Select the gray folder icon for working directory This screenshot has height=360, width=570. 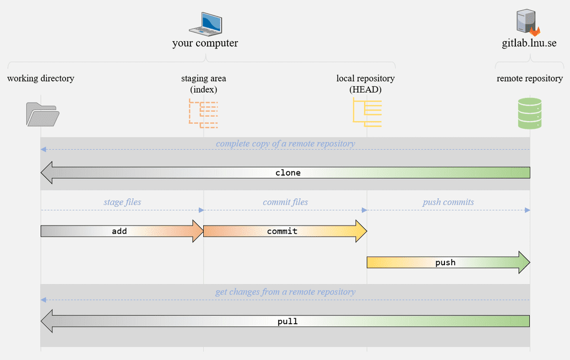point(42,114)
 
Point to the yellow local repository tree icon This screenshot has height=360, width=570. point(367,113)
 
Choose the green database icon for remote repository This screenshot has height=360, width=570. point(530,113)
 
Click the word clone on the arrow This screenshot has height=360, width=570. point(288,173)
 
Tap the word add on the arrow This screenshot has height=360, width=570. point(120,231)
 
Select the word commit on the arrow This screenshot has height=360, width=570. point(282,231)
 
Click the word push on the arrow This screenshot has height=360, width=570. point(445,263)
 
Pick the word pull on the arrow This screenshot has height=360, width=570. point(287,321)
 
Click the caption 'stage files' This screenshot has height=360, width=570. point(122,202)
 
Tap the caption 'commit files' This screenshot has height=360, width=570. point(285,202)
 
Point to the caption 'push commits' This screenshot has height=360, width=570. point(448,202)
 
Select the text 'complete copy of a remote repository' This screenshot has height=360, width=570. point(285,144)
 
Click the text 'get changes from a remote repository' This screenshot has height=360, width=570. point(285,292)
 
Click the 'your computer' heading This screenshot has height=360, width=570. point(205,43)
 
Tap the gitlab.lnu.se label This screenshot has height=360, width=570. point(529,43)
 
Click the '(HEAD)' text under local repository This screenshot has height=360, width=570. point(366,89)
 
